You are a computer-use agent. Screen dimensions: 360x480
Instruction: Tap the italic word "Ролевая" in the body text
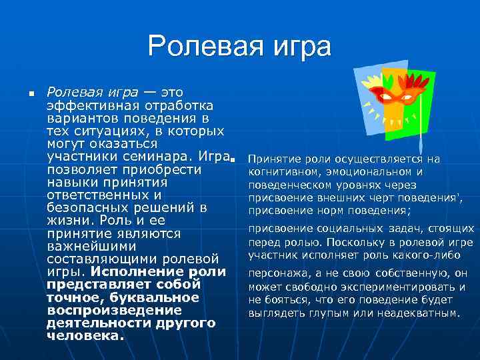(70, 91)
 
